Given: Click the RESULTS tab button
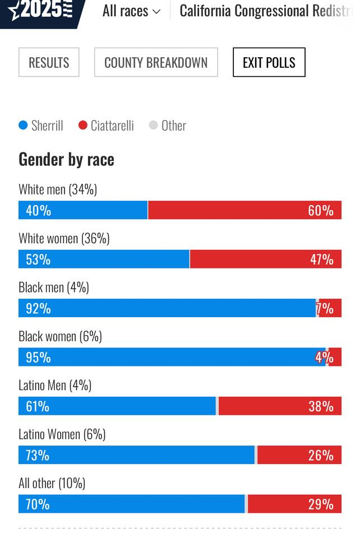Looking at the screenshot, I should [x=49, y=62].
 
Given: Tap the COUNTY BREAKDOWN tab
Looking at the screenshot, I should [x=156, y=62].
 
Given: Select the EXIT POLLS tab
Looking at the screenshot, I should [x=269, y=62].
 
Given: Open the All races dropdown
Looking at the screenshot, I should [x=131, y=11].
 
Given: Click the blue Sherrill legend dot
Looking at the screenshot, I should [x=23, y=126].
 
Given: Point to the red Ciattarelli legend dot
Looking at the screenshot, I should [x=82, y=126].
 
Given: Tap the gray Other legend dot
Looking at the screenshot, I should [x=153, y=126].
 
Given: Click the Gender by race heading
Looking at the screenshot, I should [x=66, y=160].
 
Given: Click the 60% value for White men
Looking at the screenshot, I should [x=320, y=211].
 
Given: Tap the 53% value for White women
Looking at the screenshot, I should [x=38, y=259].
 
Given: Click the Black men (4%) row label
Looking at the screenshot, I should [x=54, y=287].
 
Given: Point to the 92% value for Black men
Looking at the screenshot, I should [x=38, y=308].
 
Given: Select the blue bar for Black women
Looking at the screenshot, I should [x=168, y=357].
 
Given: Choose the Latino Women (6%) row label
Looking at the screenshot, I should [x=62, y=434].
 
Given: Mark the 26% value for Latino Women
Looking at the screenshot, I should [x=321, y=455].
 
